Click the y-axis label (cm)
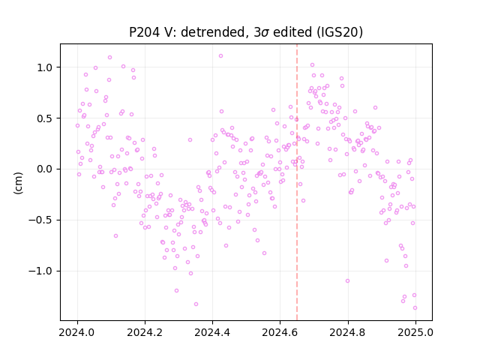pos(18,183)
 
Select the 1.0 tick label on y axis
pos(45,67)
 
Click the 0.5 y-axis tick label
pos(45,118)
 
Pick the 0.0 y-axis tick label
pos(45,169)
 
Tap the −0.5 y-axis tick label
pos(40,220)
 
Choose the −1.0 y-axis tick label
pos(40,271)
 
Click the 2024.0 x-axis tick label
pos(77,332)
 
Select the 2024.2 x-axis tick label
pos(145,332)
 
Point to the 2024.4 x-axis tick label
pos(212,332)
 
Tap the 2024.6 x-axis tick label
pos(280,332)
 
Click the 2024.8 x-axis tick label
pos(347,332)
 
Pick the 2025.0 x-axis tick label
pos(415,332)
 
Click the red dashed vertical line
pos(297,182)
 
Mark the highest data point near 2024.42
pos(220,56)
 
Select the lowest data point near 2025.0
pos(415,308)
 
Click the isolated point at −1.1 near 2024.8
pos(347,281)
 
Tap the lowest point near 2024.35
pos(196,304)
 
